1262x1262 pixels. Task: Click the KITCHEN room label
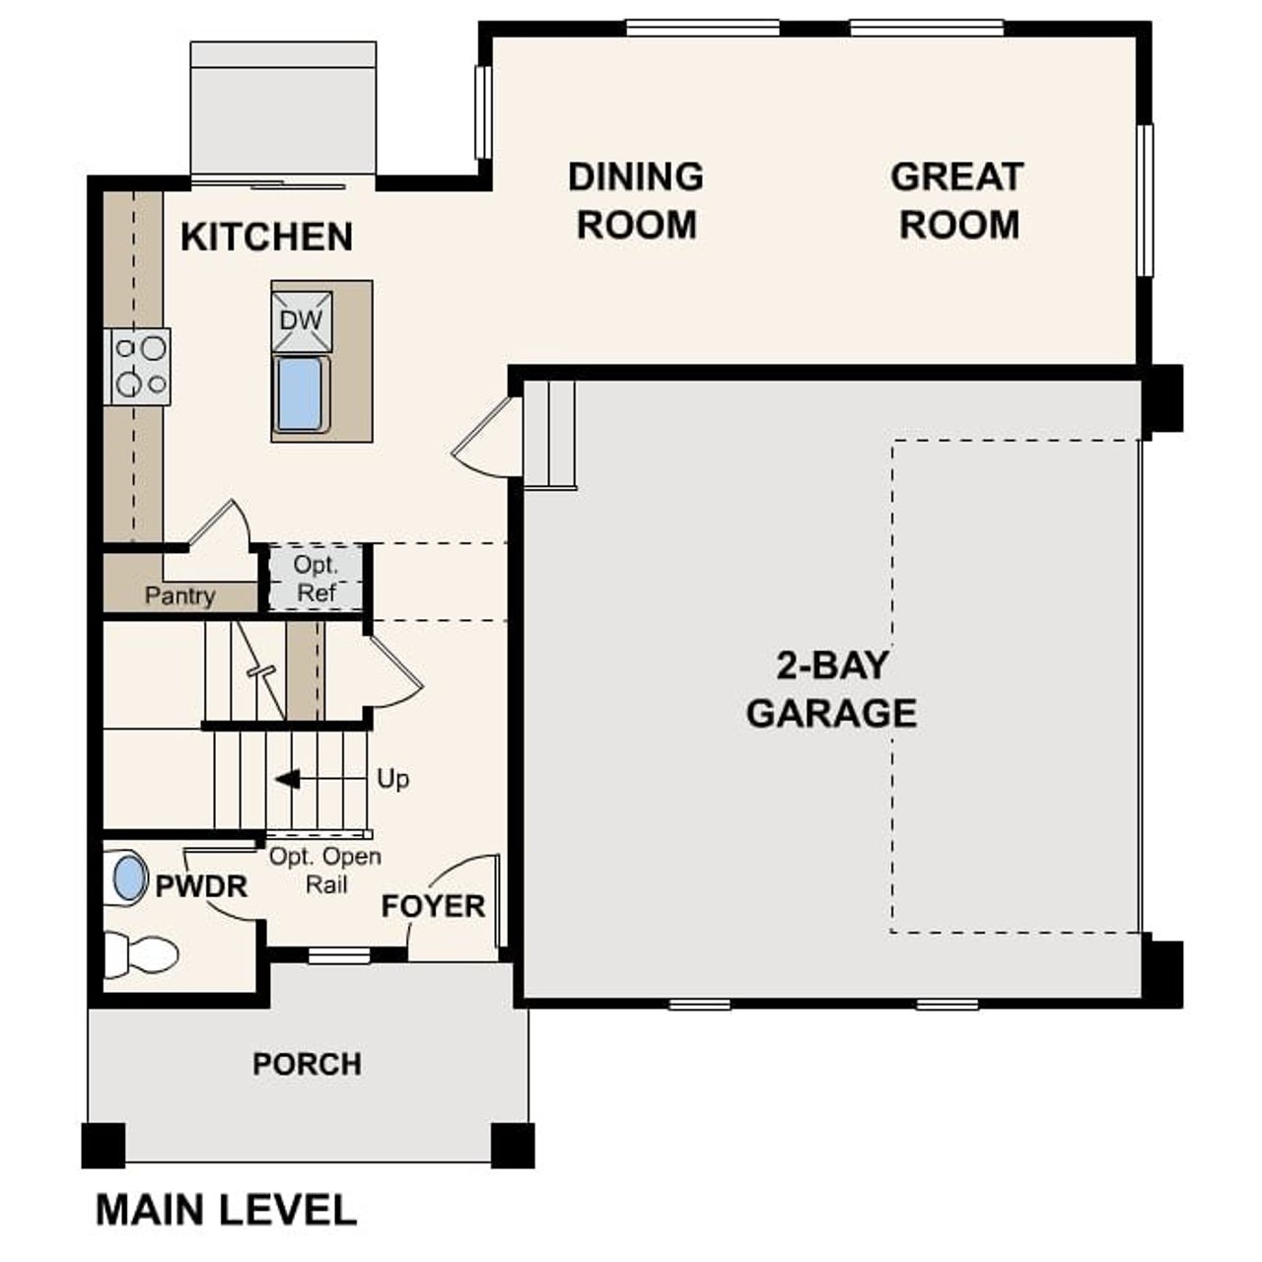(266, 238)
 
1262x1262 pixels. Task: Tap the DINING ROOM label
(636, 201)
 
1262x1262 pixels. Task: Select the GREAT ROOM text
(957, 201)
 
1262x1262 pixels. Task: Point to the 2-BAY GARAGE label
(831, 689)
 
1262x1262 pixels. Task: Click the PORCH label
(307, 1065)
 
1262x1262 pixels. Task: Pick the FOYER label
(433, 906)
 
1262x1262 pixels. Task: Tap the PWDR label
(201, 886)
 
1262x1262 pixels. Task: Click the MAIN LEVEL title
(226, 1210)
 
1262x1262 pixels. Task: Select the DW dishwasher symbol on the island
(302, 320)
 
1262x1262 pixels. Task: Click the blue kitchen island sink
(300, 394)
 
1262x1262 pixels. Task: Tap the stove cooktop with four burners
(139, 367)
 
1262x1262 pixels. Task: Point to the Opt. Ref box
(315, 579)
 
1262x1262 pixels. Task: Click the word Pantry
(179, 596)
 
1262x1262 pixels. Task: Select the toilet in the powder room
(140, 954)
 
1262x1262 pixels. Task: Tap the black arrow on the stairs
(287, 779)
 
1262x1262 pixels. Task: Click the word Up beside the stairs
(392, 779)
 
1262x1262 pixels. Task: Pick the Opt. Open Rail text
(325, 871)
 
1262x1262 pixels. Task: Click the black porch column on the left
(104, 1145)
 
